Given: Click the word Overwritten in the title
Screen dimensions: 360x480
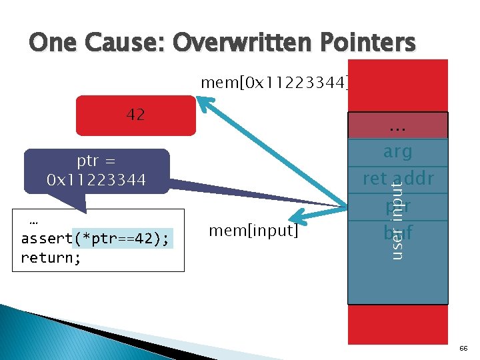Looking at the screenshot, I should coord(239,43).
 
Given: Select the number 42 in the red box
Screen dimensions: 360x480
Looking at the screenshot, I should coord(135,114).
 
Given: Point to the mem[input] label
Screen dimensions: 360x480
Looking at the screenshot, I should coord(253,231).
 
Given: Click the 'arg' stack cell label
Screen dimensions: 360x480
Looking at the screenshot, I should coord(397,151).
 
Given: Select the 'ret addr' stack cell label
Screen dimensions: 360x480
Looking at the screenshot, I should coord(397,179).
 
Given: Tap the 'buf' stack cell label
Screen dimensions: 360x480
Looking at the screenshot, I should coord(397,234).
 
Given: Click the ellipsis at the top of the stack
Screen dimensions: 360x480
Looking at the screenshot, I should coord(397,125).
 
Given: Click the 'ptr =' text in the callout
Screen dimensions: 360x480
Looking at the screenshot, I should coord(97,161).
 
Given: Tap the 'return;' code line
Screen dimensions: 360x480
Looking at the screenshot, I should coord(51,257).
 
